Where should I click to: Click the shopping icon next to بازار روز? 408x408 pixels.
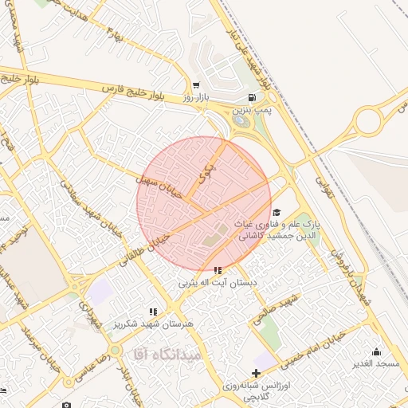click(x=195, y=85)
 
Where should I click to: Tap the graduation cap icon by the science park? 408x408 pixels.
click(x=277, y=211)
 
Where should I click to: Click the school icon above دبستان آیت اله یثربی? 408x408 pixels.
click(x=218, y=270)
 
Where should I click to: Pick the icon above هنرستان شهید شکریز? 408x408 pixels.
click(x=152, y=312)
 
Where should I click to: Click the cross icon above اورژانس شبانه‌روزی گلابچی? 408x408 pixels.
click(x=255, y=373)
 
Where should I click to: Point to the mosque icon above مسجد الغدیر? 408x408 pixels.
click(x=376, y=351)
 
